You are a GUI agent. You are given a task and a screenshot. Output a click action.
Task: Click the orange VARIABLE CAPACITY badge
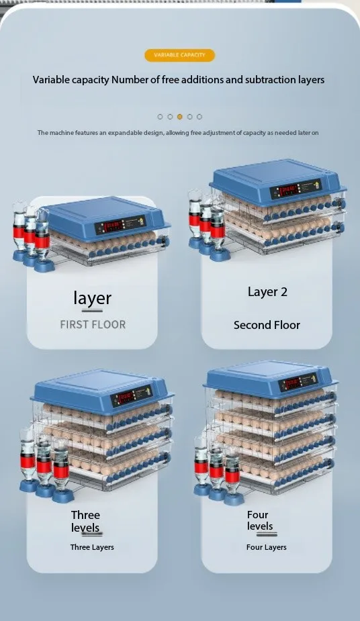tap(179, 55)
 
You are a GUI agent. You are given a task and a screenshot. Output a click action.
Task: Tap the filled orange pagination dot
tap(180, 116)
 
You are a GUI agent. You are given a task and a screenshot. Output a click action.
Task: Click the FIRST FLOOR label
tap(93, 325)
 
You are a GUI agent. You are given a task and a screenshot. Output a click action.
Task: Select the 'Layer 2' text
tap(267, 292)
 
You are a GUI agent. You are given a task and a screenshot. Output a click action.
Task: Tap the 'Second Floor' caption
tap(267, 325)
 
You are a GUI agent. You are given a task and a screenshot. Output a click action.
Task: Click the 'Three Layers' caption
tap(92, 547)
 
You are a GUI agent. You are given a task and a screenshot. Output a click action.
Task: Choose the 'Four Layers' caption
tap(267, 547)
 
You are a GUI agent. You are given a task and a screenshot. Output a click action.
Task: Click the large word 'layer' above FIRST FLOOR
tap(92, 299)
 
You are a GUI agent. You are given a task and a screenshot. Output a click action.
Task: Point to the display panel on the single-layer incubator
tap(120, 225)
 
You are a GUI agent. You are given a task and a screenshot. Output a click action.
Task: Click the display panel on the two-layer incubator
tap(296, 189)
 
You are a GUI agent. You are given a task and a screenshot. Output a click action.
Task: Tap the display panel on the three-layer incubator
tap(131, 395)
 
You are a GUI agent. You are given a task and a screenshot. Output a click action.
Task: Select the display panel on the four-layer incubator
tap(298, 383)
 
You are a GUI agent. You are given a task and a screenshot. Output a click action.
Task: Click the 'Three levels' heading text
tap(85, 521)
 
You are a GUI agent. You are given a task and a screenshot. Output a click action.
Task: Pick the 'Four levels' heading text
tap(260, 520)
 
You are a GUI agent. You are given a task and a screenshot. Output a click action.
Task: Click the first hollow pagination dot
tap(160, 116)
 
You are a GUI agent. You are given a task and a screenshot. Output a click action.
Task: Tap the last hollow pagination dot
tap(199, 116)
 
